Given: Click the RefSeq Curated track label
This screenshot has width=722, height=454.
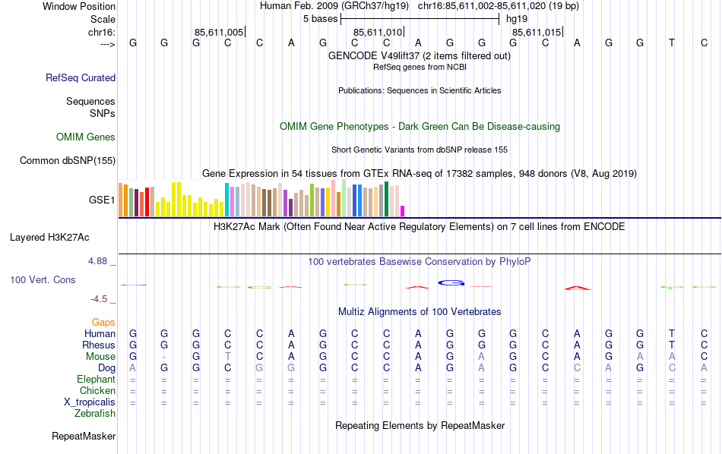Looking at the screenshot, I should [81, 77].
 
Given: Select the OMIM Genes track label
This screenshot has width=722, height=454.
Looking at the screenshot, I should [85, 137].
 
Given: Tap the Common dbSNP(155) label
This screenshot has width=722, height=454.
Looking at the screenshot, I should [68, 160].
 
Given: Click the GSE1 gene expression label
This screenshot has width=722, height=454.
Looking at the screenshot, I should [102, 200].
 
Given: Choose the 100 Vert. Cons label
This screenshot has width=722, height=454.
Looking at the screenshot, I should [43, 280].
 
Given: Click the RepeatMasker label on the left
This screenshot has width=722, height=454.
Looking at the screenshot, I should [84, 437].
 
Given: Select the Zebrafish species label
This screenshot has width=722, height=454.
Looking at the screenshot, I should [95, 414].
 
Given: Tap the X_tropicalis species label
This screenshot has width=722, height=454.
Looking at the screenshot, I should [90, 402].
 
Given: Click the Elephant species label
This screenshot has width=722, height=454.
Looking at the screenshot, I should [96, 380].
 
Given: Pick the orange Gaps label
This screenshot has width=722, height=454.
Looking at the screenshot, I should [103, 323].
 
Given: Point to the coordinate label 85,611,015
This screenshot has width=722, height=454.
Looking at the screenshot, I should [537, 33].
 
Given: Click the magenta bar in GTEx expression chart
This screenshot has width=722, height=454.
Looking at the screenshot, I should [403, 211].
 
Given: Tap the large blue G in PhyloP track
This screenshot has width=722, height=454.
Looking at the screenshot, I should [451, 283].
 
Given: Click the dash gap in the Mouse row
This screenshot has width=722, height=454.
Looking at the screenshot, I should [164, 357].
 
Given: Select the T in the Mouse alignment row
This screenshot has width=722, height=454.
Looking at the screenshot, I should [227, 357].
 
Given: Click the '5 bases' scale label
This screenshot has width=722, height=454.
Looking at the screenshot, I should [320, 19].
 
